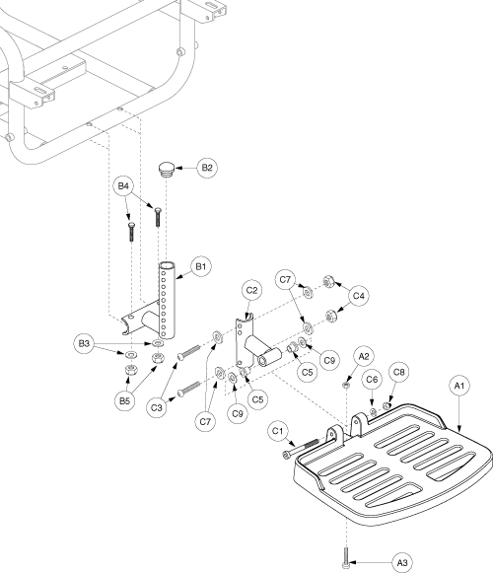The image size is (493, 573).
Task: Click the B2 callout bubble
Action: coord(207,168)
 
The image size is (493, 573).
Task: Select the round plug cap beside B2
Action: coord(167,170)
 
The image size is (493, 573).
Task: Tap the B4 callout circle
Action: coord(123,186)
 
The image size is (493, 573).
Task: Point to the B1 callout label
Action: coord(201,266)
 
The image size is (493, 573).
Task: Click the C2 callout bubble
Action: coord(251,291)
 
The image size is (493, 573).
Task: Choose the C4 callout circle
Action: coord(359,296)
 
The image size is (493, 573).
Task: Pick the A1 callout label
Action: coord(459,386)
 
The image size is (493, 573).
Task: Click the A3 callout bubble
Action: coord(402,563)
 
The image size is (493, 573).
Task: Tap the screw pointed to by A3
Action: coord(346,557)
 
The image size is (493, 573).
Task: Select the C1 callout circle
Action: coord(278,431)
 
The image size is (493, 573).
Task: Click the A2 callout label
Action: coord(364,356)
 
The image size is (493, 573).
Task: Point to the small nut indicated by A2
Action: coord(346,385)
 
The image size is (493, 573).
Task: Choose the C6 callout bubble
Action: coord(372,380)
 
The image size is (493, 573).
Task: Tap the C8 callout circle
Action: coord(398,372)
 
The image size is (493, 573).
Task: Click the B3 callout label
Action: coord(84,344)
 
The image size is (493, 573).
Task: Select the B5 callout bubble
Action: coord(124,400)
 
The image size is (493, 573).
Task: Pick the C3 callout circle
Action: coord(157,407)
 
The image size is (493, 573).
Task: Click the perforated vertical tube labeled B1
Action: coord(167,301)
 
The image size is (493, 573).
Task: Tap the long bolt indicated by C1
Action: coord(302,448)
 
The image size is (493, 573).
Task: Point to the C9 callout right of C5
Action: coord(329,360)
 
